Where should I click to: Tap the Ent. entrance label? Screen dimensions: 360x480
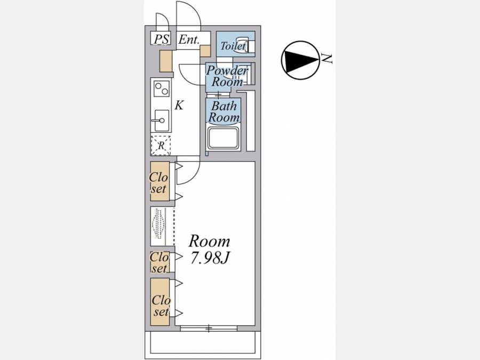point(189,39)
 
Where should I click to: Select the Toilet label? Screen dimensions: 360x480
point(233,46)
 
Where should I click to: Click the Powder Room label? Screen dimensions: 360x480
point(227,76)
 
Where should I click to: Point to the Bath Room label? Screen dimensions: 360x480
point(224,111)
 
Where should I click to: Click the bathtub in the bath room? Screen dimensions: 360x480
point(225,139)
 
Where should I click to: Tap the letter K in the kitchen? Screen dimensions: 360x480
point(179,105)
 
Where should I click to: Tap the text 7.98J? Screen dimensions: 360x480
point(210,258)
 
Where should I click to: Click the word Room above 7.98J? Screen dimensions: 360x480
point(209,241)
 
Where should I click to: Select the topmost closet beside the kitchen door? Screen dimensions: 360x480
point(159,182)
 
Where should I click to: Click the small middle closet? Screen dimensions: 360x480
point(159,262)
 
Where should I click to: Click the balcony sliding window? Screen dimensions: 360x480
point(208,328)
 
